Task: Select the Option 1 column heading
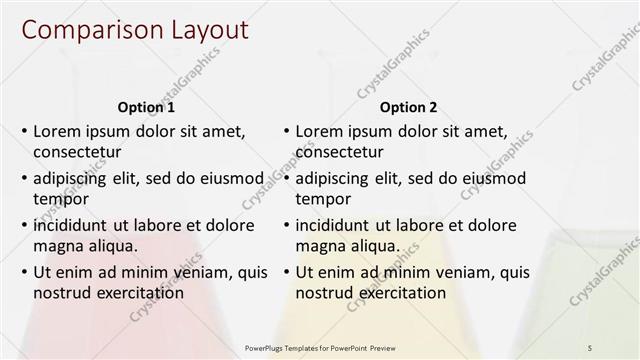point(146,107)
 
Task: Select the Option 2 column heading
point(408,107)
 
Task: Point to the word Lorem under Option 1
point(57,131)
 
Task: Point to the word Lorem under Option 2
point(319,131)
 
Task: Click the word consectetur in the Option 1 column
point(77,152)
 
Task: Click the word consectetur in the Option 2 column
point(339,152)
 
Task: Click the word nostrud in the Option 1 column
point(60,293)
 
